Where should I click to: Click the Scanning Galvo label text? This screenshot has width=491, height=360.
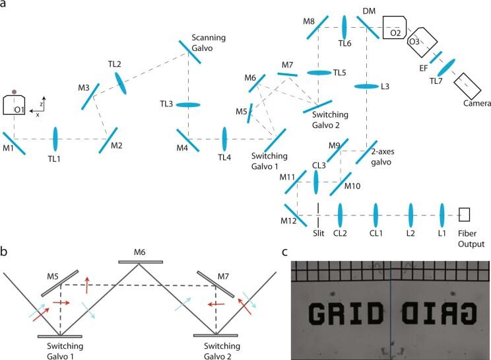[x=206, y=42]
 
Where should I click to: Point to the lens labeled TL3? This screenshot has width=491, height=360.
[x=189, y=105]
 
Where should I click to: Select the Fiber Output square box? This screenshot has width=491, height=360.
[x=465, y=215]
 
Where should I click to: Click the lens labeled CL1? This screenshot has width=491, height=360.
[x=376, y=215]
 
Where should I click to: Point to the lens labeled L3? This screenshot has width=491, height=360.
[x=365, y=87]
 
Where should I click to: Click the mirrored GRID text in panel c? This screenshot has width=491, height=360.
[x=436, y=312]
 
